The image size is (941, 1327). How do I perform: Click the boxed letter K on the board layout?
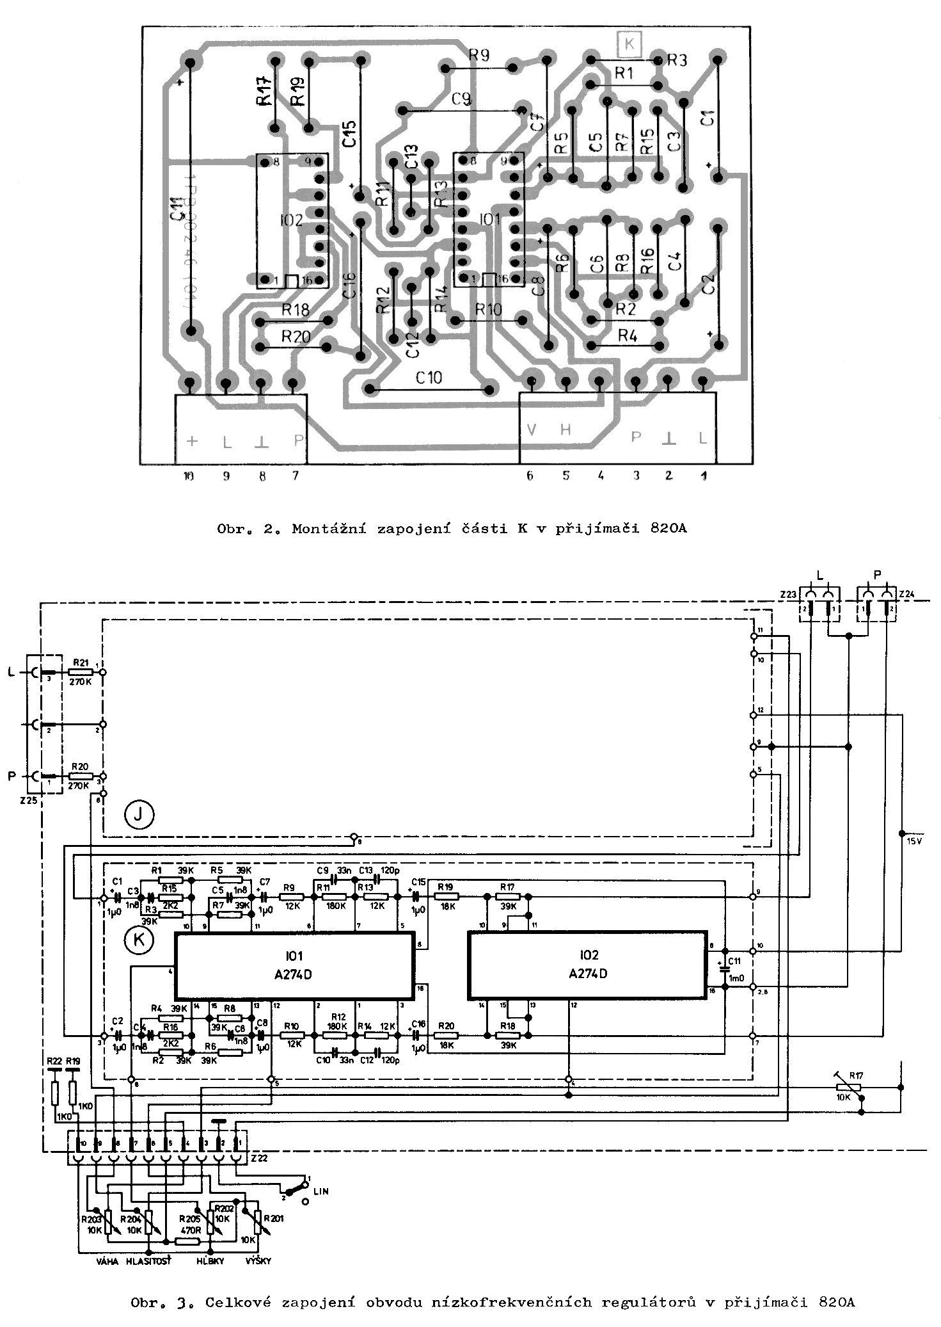click(629, 44)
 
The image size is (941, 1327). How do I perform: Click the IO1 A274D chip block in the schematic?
click(295, 965)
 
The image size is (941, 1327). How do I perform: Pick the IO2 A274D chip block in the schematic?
click(587, 965)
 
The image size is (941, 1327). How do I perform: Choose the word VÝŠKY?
click(258, 1262)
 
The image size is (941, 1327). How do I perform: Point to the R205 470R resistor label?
click(189, 1223)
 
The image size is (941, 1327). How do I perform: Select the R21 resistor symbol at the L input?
click(81, 672)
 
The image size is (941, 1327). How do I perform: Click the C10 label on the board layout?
click(428, 378)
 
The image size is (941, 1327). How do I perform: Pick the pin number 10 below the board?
click(189, 476)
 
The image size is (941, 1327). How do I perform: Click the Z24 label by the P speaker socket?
click(906, 595)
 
